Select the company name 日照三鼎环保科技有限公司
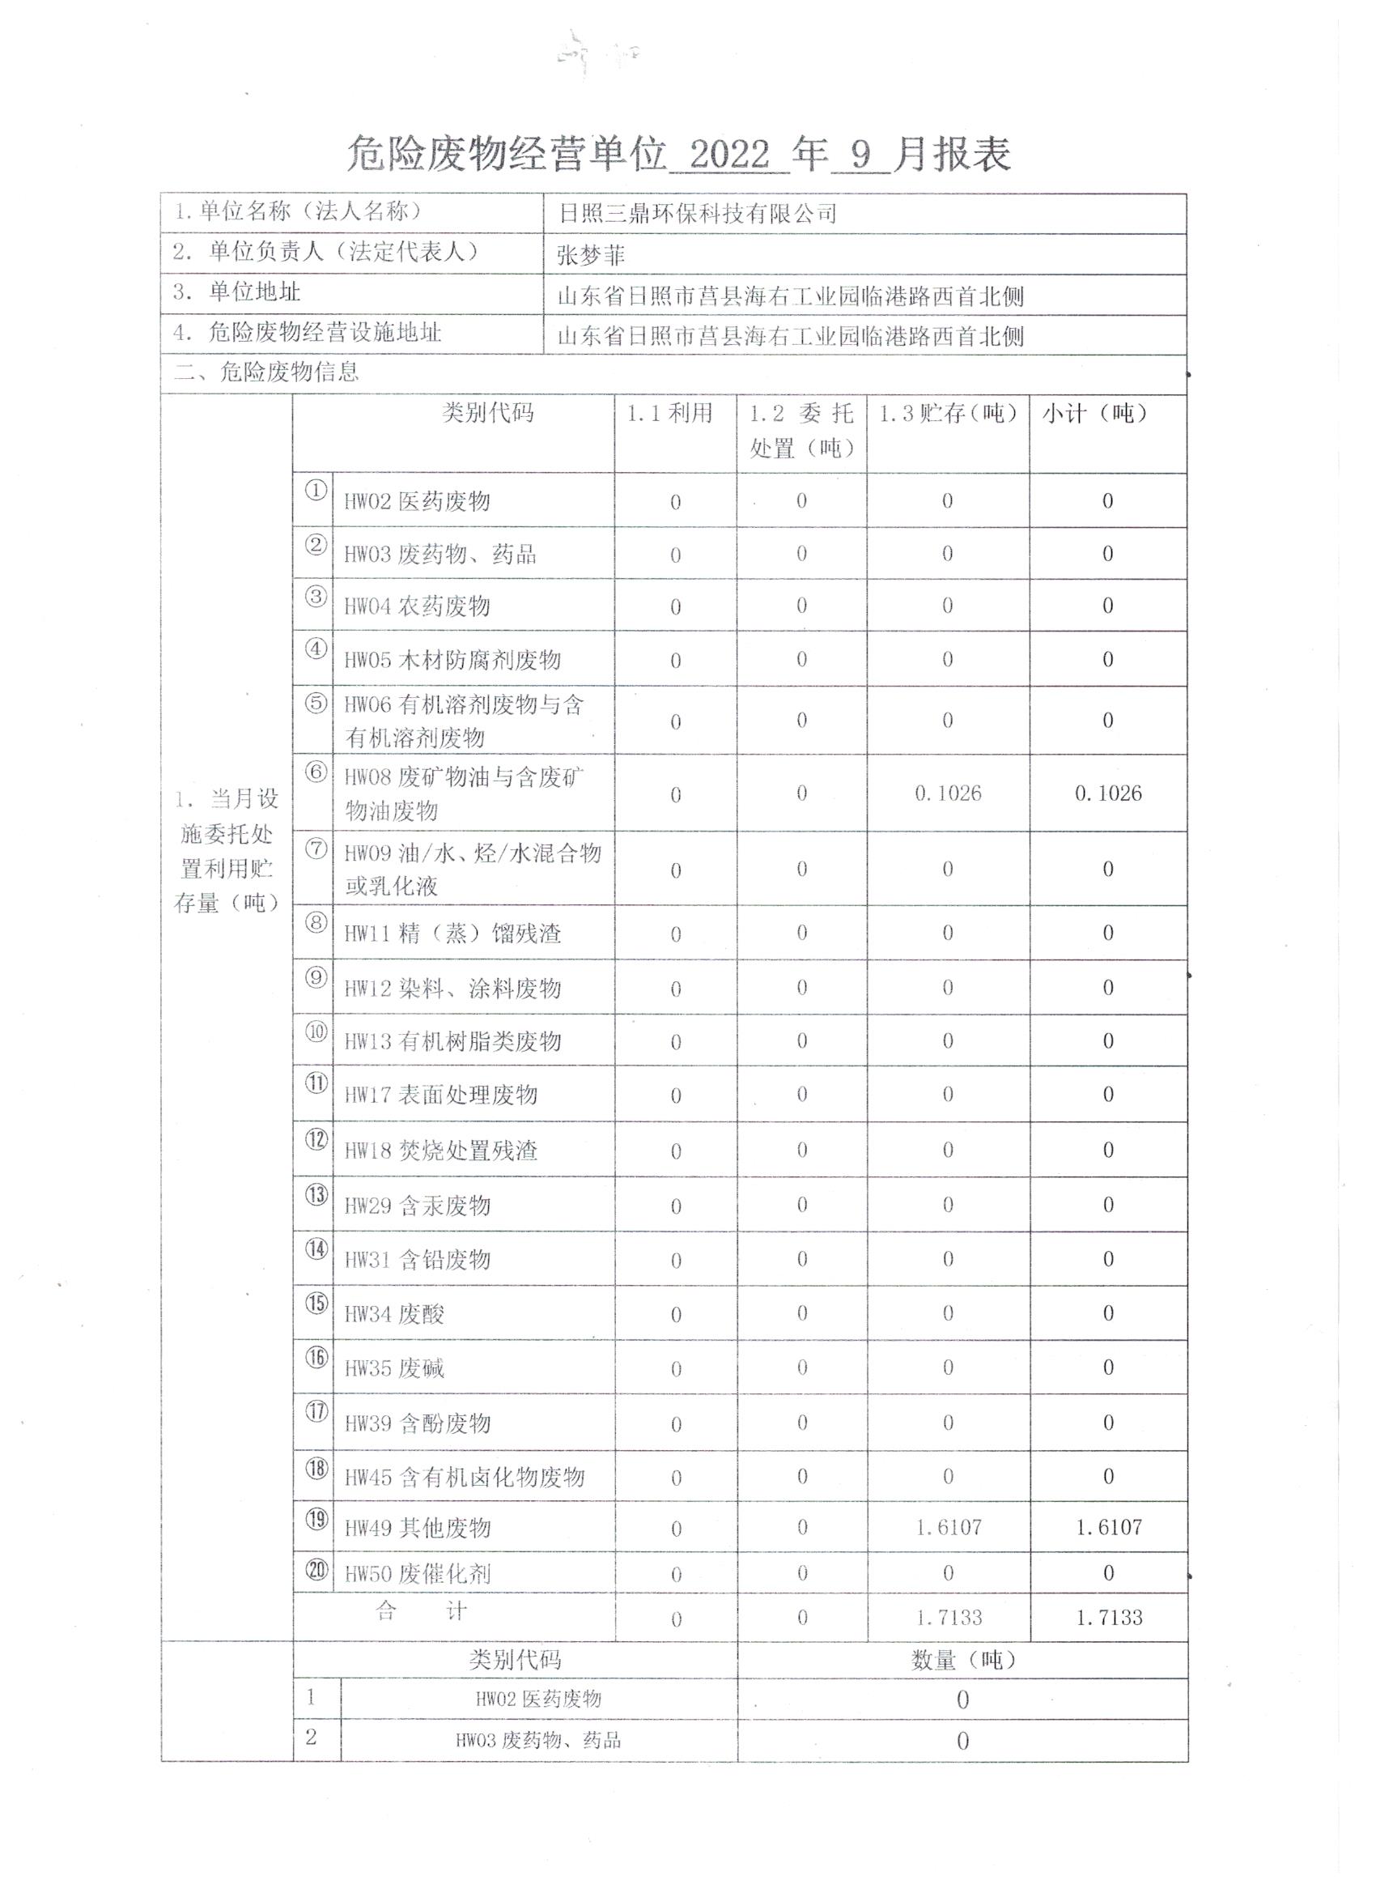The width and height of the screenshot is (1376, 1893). pyautogui.click(x=697, y=214)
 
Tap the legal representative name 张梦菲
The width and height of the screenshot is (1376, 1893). pyautogui.click(x=590, y=255)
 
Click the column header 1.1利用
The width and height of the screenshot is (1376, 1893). pyautogui.click(x=669, y=413)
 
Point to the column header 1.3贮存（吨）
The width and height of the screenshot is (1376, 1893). pyautogui.click(x=948, y=413)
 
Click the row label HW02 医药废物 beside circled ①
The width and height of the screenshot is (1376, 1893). pyautogui.click(x=417, y=502)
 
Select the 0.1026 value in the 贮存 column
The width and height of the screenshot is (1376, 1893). pyautogui.click(x=948, y=793)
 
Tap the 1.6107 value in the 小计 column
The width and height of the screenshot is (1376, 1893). pyautogui.click(x=1108, y=1527)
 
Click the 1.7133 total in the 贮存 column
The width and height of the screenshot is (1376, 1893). pyautogui.click(x=949, y=1618)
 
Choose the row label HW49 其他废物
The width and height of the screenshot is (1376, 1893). pyautogui.click(x=418, y=1529)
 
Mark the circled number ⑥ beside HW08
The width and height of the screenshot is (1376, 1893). pyautogui.click(x=316, y=772)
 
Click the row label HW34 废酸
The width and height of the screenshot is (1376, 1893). pyautogui.click(x=395, y=1315)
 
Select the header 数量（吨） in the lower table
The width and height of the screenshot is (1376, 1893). pyautogui.click(x=963, y=1660)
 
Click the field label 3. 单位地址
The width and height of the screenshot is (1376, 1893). pyautogui.click(x=237, y=292)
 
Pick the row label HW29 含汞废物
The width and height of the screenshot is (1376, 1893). pyautogui.click(x=417, y=1206)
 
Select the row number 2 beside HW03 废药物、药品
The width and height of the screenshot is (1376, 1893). pyautogui.click(x=312, y=1738)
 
